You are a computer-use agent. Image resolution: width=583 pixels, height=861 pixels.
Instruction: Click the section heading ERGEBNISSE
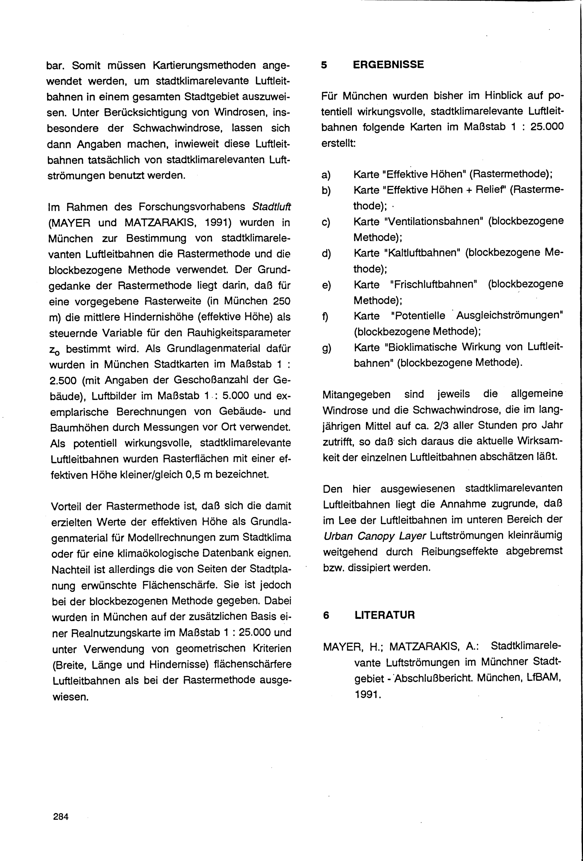[388, 64]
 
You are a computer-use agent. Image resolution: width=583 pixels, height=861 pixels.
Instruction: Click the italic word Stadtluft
[271, 206]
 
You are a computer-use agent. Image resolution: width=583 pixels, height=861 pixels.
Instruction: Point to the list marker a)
[326, 175]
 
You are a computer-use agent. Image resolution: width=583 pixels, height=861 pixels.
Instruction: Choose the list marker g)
[326, 348]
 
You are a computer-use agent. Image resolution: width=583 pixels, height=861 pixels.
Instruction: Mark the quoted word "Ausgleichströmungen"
[510, 316]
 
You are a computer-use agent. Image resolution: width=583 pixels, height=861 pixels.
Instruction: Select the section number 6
[326, 615]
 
